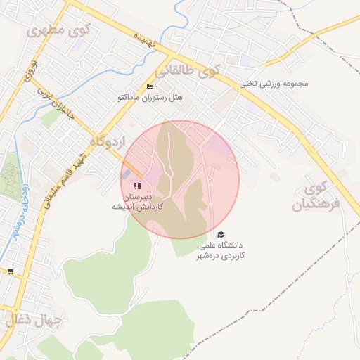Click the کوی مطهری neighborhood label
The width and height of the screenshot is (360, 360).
55,31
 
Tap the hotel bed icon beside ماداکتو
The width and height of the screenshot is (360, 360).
149,87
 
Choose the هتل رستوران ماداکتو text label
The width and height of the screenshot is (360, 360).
150,98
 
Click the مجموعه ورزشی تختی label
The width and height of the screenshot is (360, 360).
275,83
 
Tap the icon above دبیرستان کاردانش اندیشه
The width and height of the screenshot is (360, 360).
136,186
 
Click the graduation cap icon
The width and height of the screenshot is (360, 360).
221,235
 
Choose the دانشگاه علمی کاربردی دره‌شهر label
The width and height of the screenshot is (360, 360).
222,251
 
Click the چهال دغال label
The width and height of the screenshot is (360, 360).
35,321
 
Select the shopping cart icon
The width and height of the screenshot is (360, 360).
10,271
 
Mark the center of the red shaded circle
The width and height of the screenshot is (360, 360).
180,179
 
